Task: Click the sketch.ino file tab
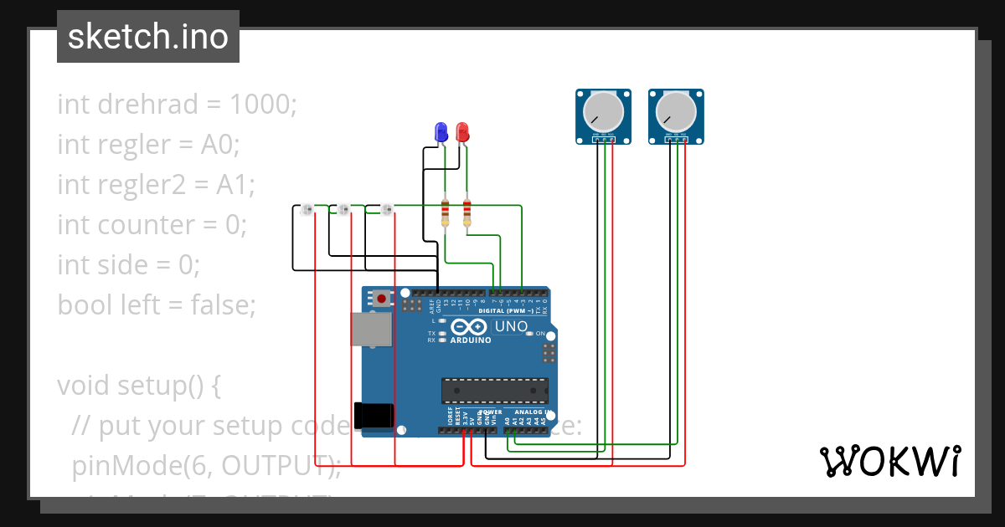147,37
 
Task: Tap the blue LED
441,132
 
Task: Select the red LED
462,132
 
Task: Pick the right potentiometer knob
676,110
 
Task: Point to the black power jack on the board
373,416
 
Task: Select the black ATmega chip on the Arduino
495,391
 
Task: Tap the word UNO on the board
511,326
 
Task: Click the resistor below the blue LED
446,212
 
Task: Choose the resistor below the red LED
466,212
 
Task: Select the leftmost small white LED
307,209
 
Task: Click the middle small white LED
343,209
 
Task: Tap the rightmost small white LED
386,209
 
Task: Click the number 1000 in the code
259,105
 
